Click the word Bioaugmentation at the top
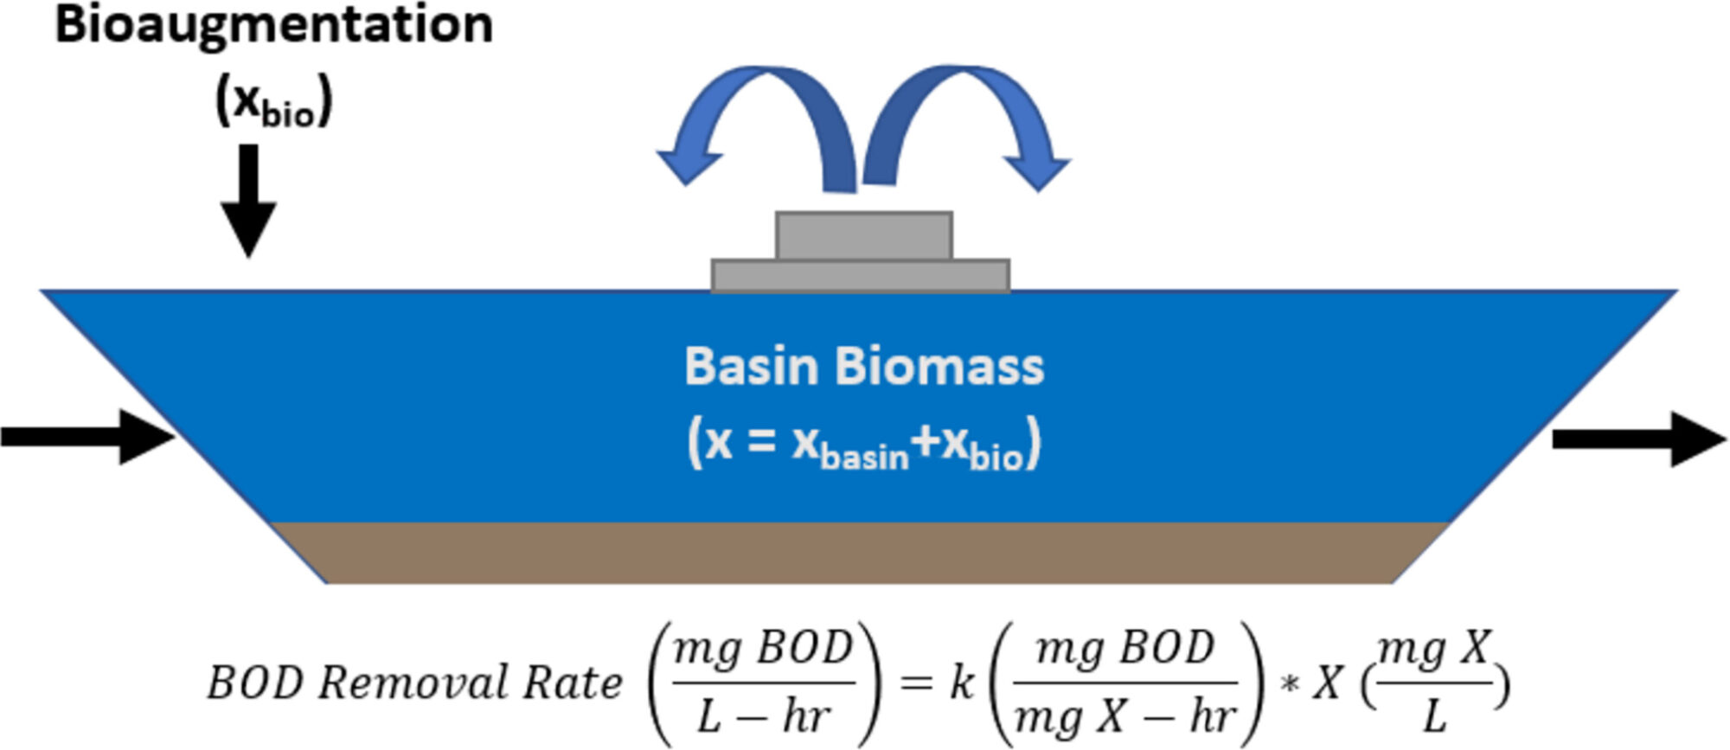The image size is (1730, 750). [273, 24]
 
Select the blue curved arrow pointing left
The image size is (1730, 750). [744, 121]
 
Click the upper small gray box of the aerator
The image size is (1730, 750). [864, 235]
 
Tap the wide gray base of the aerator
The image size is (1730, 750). [861, 276]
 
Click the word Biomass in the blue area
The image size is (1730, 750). [939, 367]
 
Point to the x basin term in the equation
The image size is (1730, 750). [850, 446]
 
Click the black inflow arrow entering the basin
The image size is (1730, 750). [86, 436]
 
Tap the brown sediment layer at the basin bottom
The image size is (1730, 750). [861, 554]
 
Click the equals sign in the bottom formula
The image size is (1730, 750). [916, 683]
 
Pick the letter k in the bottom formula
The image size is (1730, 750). [962, 683]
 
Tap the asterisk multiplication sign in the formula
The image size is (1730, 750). [1290, 685]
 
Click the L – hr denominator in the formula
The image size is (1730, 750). [764, 717]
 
